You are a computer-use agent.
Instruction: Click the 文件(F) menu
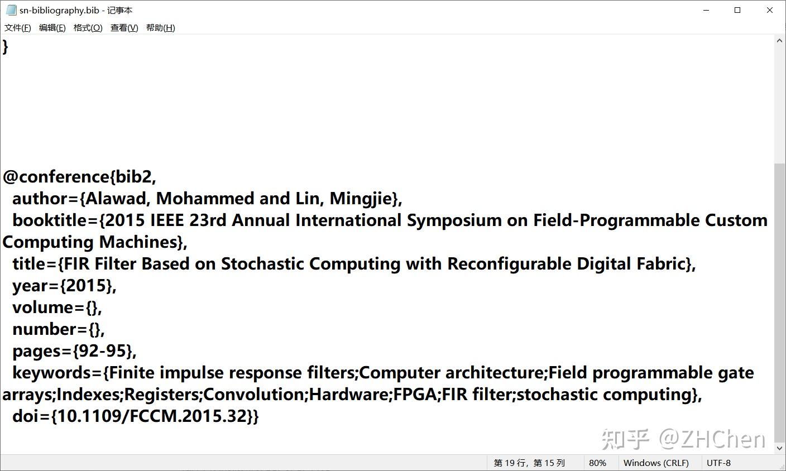click(17, 28)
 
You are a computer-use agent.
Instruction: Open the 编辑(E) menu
click(52, 28)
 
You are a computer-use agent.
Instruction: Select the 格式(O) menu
click(88, 28)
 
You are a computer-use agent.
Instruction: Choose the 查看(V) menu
click(124, 28)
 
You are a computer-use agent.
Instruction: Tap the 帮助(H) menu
click(160, 28)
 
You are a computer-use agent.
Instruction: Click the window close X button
click(769, 10)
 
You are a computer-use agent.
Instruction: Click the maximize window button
click(737, 10)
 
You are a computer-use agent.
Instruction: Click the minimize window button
click(706, 10)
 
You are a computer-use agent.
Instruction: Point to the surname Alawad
click(116, 199)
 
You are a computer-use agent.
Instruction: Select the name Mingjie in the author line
click(361, 199)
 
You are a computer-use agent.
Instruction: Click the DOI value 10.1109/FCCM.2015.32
click(152, 416)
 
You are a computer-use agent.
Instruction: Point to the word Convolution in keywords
click(256, 394)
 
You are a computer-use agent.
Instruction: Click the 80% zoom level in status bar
click(597, 463)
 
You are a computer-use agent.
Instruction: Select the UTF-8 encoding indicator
click(718, 463)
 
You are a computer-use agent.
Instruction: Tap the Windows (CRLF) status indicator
click(656, 463)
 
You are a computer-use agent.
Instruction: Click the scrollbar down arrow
click(780, 448)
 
